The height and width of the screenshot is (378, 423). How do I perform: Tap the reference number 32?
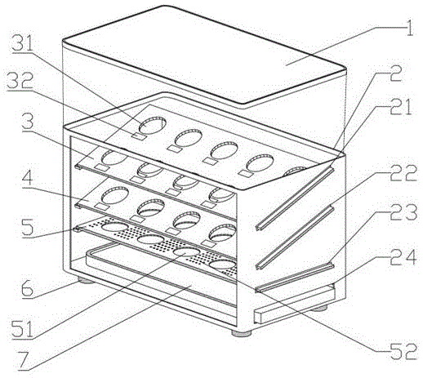(20, 80)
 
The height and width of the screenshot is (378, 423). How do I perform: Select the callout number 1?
(409, 27)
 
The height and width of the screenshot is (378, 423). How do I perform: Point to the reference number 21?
(400, 106)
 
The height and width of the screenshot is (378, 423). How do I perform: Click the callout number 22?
(403, 173)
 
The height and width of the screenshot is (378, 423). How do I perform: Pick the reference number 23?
(403, 212)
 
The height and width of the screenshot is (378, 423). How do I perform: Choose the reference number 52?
(404, 351)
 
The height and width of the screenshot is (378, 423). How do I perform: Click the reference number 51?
(22, 329)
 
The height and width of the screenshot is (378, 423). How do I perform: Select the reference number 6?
(27, 289)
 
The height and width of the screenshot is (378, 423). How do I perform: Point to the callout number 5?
(28, 228)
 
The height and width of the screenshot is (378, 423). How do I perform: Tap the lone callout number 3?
(28, 122)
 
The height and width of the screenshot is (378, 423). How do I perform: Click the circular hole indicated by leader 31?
(153, 125)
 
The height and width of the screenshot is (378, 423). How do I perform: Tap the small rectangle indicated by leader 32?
(139, 136)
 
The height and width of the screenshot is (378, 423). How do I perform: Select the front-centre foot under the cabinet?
(242, 333)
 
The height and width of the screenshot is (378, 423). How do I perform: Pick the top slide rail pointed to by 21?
(295, 199)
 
